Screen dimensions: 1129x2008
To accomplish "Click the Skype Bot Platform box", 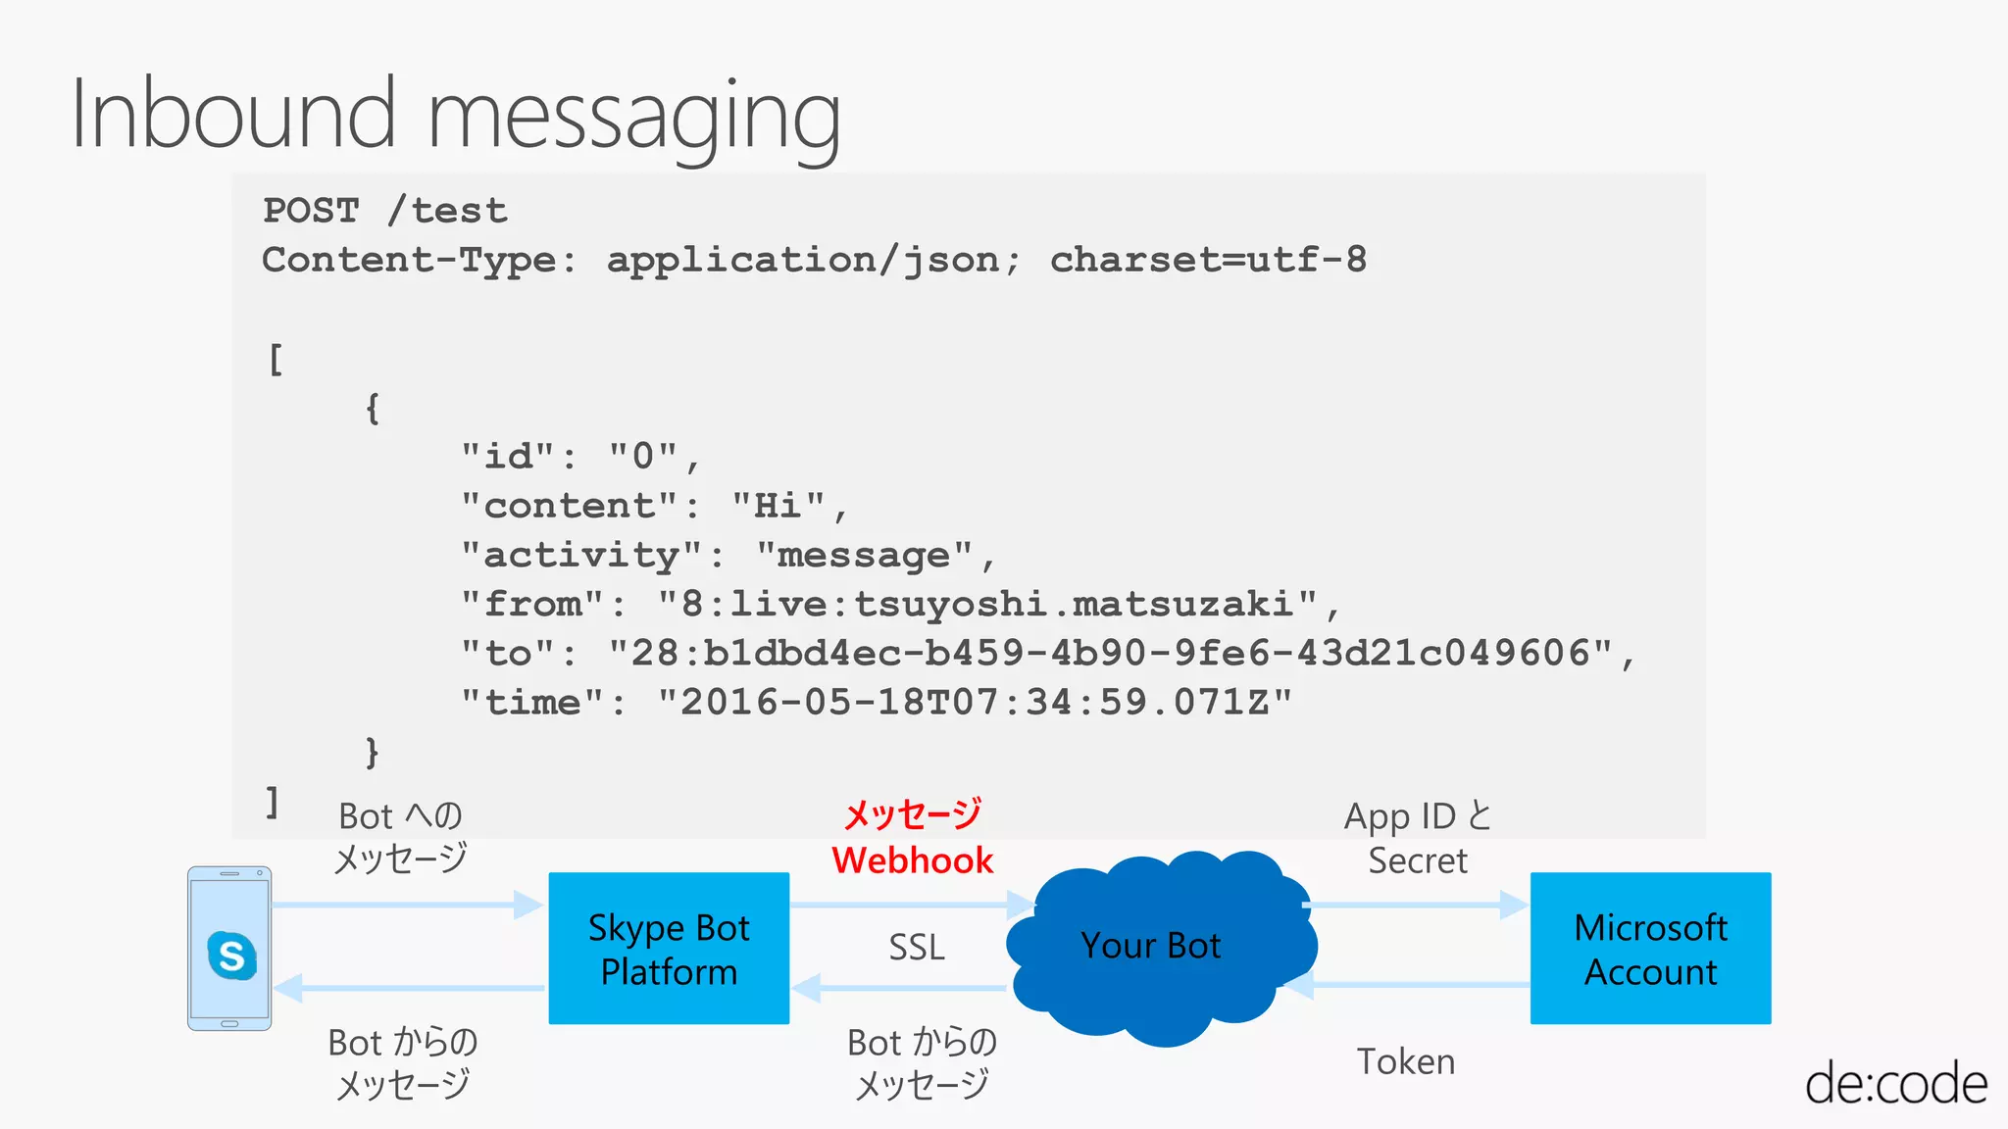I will [x=669, y=948].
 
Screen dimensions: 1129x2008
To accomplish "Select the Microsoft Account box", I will [x=1650, y=948].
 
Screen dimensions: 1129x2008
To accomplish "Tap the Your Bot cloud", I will [x=1151, y=946].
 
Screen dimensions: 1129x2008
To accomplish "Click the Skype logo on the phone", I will [x=231, y=955].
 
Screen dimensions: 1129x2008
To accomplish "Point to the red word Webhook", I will [x=912, y=860].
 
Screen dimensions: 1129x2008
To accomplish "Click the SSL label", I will [x=917, y=948].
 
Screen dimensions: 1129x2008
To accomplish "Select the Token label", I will [x=1405, y=1061].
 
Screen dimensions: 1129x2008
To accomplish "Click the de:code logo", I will [x=1895, y=1084].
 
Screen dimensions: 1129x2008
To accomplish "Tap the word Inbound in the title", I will [x=233, y=115].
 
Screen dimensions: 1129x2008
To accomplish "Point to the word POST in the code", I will [x=312, y=211].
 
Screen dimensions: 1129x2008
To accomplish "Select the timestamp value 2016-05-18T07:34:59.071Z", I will [x=975, y=702].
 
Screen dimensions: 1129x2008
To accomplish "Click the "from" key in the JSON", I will [x=533, y=604].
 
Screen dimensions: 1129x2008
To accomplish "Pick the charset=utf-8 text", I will [x=1208, y=260].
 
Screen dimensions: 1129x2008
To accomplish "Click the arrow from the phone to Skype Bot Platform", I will [x=407, y=905].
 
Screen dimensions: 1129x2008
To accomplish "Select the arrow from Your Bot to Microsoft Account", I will [x=1417, y=905].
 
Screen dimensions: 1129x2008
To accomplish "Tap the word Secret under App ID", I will [x=1418, y=860].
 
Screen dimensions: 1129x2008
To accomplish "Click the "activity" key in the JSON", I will [x=582, y=555].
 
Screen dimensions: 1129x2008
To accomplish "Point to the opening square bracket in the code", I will [x=276, y=359].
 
